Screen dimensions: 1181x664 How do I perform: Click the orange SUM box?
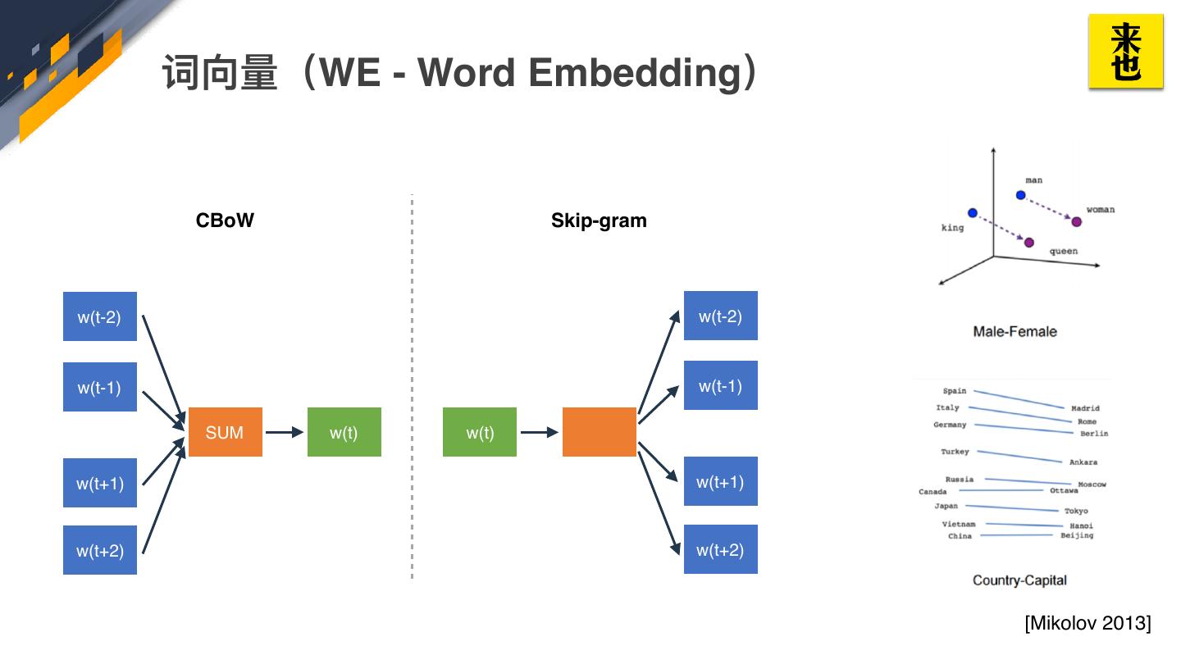coord(225,431)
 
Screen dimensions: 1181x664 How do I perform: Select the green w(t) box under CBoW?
coord(344,431)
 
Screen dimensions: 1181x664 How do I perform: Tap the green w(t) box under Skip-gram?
coord(479,431)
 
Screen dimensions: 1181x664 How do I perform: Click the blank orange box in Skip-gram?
coord(599,431)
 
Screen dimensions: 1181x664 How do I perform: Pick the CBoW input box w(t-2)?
coord(100,316)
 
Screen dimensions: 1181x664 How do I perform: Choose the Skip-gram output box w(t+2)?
coord(720,549)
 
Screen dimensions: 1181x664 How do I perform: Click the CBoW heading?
coord(225,221)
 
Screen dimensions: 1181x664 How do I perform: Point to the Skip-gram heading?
coord(599,221)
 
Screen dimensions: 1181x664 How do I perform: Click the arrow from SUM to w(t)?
coord(285,432)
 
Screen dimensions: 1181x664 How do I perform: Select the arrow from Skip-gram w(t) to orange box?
coord(540,432)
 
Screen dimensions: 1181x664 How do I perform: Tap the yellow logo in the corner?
coord(1125,51)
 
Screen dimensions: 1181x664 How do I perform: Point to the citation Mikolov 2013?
coord(1088,623)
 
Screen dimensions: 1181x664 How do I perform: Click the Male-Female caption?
coord(1015,331)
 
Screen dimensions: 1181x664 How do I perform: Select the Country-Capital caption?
coord(1019,580)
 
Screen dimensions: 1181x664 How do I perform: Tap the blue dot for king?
coord(973,213)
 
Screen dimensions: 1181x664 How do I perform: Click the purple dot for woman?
coord(1077,222)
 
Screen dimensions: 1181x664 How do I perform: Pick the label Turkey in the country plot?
coord(955,452)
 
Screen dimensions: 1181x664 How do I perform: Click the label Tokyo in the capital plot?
coord(1076,511)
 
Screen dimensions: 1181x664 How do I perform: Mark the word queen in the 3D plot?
coord(1064,251)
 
